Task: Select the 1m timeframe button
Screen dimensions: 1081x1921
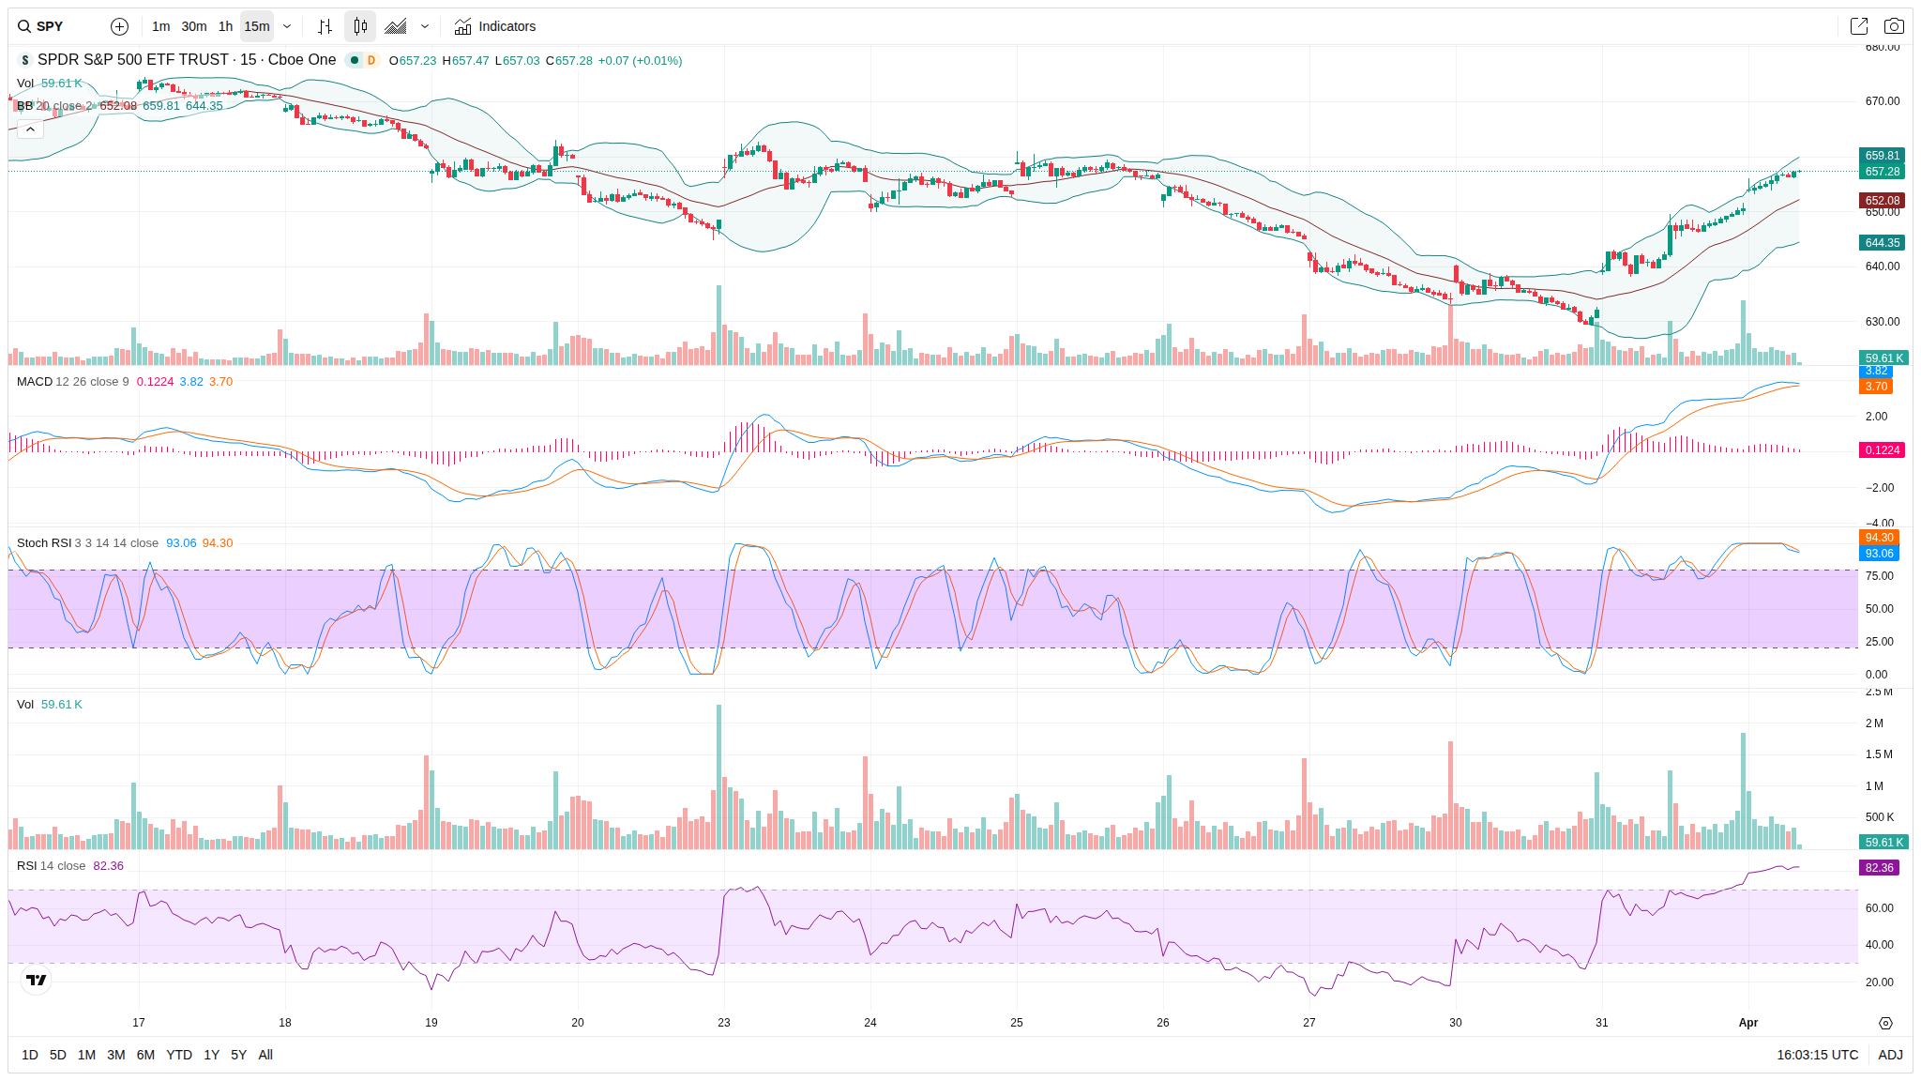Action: click(x=160, y=26)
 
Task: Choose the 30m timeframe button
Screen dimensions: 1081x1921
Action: click(x=194, y=26)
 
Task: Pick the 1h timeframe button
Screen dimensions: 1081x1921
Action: click(x=225, y=26)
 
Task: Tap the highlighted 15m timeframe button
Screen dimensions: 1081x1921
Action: click(x=257, y=26)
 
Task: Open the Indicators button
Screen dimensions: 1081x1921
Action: click(x=495, y=26)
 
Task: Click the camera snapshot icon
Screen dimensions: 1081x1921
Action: click(x=1894, y=26)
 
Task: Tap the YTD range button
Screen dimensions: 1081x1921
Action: click(x=178, y=1055)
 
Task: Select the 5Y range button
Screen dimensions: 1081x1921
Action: click(x=238, y=1055)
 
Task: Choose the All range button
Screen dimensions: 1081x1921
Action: click(x=265, y=1055)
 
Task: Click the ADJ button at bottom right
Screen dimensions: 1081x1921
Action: click(x=1890, y=1055)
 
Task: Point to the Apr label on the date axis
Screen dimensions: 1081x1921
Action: click(x=1747, y=1023)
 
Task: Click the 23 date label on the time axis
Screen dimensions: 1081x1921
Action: click(x=724, y=1023)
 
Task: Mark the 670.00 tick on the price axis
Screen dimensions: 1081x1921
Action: click(x=1882, y=101)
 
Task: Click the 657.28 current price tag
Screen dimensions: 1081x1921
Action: click(x=1882, y=172)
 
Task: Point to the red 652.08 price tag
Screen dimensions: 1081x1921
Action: click(x=1882, y=201)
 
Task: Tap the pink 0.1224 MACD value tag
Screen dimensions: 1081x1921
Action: click(x=1882, y=450)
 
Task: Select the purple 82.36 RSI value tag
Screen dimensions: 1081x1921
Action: click(x=1880, y=868)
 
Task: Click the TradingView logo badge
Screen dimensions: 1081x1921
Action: click(x=37, y=981)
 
